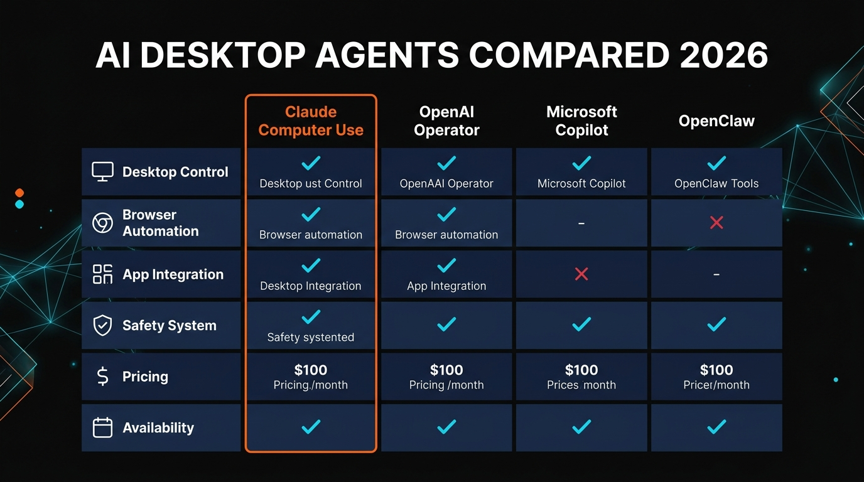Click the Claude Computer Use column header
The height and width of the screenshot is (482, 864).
311,121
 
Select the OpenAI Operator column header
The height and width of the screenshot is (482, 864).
446,121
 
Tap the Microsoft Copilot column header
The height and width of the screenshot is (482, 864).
581,121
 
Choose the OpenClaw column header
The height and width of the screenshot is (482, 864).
716,121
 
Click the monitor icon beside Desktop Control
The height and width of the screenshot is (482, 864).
102,171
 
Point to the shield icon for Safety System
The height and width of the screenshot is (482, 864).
102,325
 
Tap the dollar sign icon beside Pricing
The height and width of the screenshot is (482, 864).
102,377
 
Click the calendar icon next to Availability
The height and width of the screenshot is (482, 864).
102,428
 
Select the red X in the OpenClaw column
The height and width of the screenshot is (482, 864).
716,222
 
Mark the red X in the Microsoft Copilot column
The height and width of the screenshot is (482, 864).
581,274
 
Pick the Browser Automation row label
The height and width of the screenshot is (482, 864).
160,223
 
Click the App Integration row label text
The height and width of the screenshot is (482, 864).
173,274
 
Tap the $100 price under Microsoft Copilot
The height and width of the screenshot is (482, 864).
581,370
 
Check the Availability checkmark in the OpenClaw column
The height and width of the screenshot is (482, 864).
716,427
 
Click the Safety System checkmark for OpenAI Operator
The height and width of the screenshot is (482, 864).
446,324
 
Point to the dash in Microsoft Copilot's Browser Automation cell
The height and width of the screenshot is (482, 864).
581,223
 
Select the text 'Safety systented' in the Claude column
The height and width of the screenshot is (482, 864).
311,337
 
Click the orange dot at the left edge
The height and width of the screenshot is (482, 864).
19,193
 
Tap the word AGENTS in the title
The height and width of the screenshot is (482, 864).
387,56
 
